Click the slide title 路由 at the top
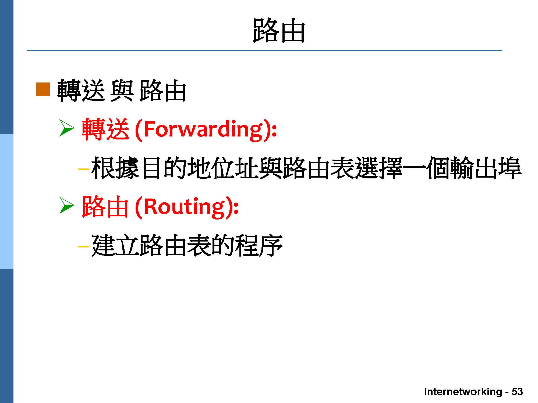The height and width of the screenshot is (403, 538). click(x=279, y=30)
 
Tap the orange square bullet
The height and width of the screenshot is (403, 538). click(x=43, y=89)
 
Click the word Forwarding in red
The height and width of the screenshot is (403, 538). click(x=203, y=130)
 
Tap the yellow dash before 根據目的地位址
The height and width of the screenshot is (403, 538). click(x=83, y=169)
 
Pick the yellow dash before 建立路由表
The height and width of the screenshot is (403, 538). click(x=83, y=246)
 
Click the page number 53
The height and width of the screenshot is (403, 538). click(x=517, y=392)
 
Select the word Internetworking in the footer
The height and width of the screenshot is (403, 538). click(x=463, y=392)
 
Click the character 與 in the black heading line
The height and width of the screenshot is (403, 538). click(x=122, y=90)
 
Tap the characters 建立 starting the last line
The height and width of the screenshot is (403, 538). click(x=115, y=246)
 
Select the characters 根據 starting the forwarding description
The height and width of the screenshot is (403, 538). click(x=115, y=168)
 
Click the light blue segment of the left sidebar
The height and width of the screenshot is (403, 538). click(x=6, y=201)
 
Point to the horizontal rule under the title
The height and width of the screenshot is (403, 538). click(x=264, y=51)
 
